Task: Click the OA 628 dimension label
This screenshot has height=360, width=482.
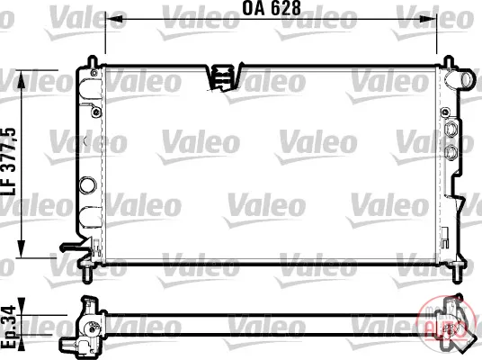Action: coord(272,8)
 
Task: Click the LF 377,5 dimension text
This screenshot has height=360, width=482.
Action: coord(9,162)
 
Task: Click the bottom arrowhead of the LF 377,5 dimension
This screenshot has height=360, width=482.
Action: coord(22,248)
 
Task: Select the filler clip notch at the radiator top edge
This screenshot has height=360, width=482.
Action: coord(223,77)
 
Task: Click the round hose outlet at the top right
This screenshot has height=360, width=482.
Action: coord(468,79)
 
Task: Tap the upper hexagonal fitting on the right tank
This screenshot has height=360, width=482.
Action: coord(451,129)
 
